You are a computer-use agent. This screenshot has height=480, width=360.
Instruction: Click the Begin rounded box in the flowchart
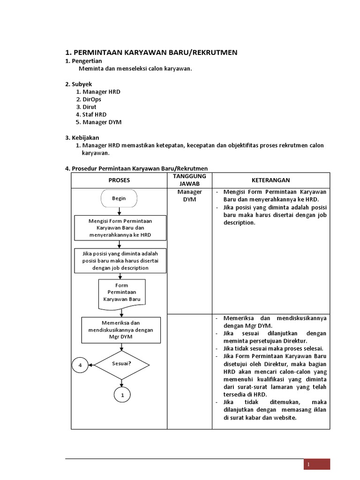119,198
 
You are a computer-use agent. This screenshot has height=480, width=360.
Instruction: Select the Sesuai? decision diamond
121,364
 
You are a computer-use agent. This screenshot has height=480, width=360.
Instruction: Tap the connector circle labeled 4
80,365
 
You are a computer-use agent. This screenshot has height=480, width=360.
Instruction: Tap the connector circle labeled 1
122,396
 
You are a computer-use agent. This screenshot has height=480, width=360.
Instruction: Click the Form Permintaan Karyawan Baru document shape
121,292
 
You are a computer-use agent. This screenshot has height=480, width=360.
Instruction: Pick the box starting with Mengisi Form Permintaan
120,227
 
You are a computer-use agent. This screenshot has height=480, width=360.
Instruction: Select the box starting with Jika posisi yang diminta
120,261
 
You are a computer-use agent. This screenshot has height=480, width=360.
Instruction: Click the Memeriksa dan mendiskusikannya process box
121,330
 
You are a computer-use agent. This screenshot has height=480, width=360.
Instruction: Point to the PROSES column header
119,180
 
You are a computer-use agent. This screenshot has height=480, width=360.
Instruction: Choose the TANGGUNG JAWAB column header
189,180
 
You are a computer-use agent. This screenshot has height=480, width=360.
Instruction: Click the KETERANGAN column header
270,180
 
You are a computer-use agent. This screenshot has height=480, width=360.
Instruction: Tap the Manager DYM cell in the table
189,195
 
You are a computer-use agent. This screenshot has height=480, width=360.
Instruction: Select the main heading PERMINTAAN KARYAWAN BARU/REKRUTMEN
151,52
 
